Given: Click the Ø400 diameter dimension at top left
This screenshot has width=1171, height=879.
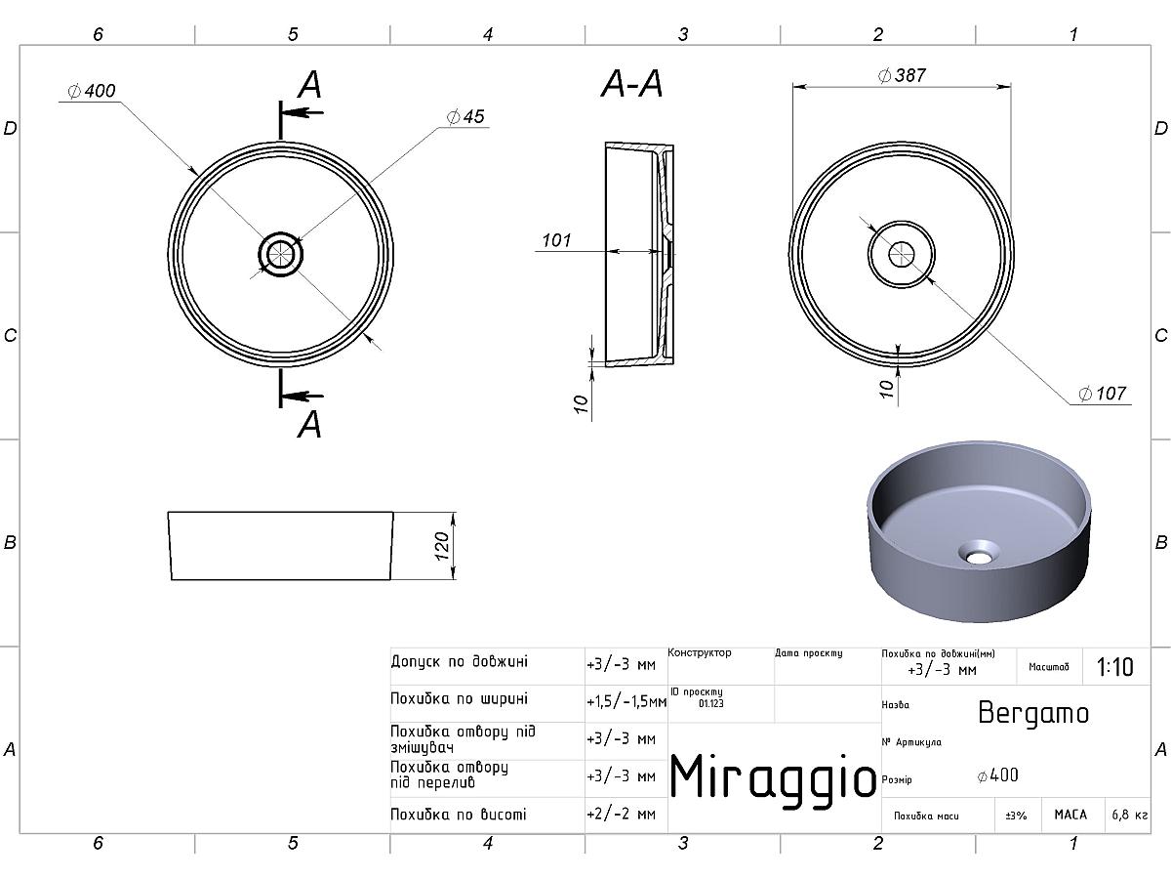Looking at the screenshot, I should click(x=93, y=91).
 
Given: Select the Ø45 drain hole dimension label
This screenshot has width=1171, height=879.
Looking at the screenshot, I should click(x=465, y=117).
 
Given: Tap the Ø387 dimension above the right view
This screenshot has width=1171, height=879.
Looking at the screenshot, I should click(x=902, y=75).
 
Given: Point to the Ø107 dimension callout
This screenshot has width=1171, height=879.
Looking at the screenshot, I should click(x=1103, y=394).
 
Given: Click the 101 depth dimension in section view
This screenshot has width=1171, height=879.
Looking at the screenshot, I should click(x=555, y=240).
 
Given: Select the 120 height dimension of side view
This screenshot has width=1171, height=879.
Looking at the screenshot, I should click(x=442, y=545).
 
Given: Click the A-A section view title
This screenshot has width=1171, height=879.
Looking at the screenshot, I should click(x=631, y=86).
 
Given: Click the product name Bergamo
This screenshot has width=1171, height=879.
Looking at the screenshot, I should click(x=1032, y=713).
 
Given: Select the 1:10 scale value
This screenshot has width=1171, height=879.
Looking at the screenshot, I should click(x=1114, y=667).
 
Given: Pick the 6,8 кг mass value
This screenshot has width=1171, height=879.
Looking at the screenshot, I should click(x=1129, y=815).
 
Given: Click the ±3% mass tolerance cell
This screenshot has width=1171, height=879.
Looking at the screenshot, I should click(x=1017, y=815).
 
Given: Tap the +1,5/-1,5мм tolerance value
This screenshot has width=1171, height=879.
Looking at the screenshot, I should click(x=626, y=701).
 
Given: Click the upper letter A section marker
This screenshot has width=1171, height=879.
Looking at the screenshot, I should click(x=309, y=85).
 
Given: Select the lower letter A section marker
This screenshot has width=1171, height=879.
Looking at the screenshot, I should click(x=309, y=425).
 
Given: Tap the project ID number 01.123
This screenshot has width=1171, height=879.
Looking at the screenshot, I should click(x=711, y=702).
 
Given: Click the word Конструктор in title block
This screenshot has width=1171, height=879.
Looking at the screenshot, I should click(x=700, y=652).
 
